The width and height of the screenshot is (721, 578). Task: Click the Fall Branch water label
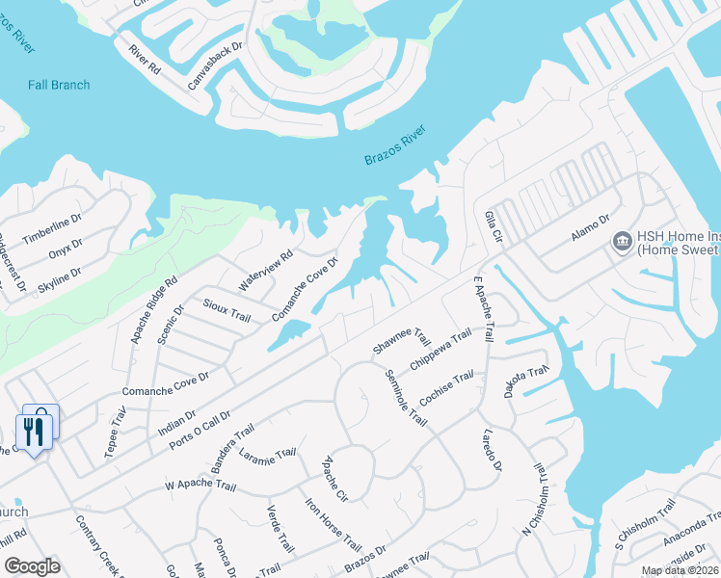[45, 85]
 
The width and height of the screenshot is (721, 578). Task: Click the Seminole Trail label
[405, 398]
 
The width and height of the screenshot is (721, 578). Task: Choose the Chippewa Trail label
[441, 350]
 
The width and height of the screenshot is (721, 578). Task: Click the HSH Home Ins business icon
[622, 239]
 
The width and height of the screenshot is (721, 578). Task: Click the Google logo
[32, 566]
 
